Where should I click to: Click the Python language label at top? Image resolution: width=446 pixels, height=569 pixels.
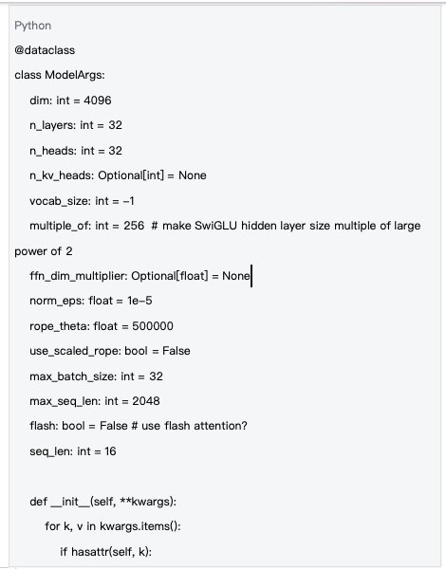coord(33,26)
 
